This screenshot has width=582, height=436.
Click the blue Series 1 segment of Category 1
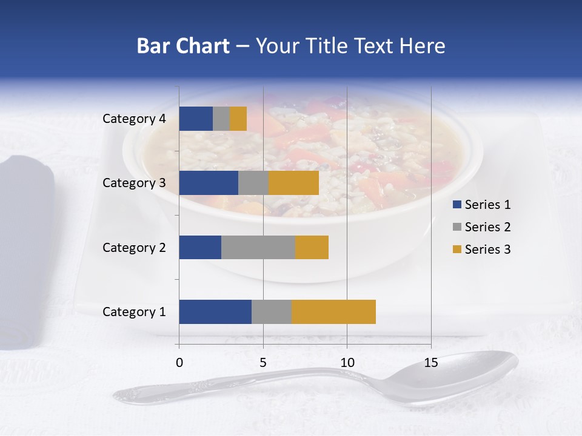[215, 312]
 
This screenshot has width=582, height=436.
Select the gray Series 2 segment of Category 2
[258, 247]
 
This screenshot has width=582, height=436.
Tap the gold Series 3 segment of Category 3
[293, 183]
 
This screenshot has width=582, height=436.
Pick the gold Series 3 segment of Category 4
[238, 119]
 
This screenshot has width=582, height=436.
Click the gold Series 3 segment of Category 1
[333, 312]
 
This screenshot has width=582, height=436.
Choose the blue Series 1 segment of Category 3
[209, 183]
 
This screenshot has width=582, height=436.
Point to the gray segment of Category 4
[221, 119]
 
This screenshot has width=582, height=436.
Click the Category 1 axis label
[134, 312]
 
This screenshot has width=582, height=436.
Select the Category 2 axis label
[134, 247]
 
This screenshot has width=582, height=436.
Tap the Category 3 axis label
[134, 182]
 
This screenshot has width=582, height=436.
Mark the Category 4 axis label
[134, 119]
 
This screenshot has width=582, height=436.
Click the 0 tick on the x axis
[179, 363]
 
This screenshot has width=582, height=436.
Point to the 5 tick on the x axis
[263, 363]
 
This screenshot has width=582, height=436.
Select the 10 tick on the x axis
[347, 363]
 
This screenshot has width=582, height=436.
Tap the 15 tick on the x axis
[431, 363]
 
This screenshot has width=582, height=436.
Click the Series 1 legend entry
[482, 205]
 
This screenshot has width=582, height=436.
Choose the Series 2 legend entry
[482, 227]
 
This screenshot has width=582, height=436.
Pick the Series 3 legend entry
[482, 249]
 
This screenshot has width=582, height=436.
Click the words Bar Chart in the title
[183, 46]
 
